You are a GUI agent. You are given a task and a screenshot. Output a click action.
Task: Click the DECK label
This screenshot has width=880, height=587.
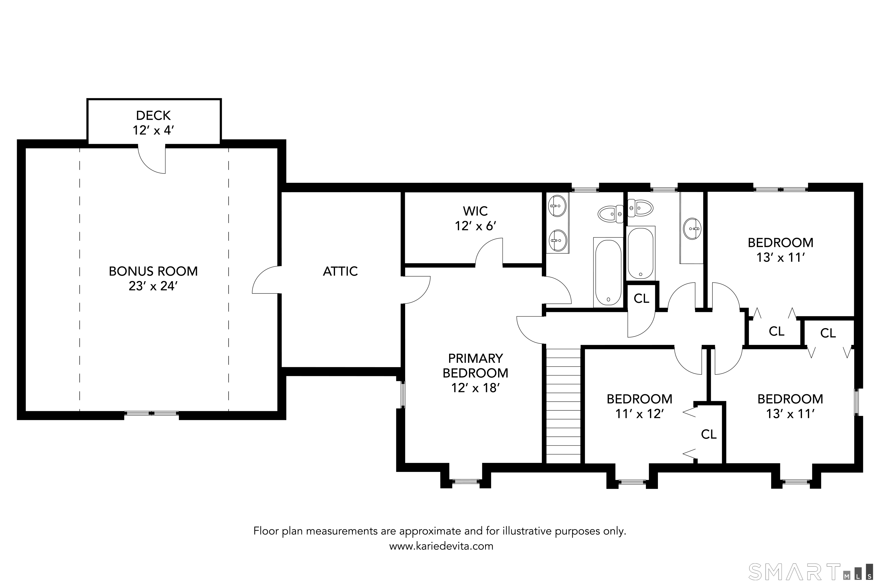click(153, 115)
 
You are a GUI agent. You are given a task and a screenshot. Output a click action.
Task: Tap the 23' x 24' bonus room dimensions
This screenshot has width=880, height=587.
click(153, 286)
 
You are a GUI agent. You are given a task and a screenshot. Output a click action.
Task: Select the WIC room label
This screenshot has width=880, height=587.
click(475, 211)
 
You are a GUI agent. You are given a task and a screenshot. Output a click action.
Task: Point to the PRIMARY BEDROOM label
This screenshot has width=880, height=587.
click(475, 366)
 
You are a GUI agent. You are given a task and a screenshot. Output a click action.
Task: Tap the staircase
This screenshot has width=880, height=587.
click(563, 406)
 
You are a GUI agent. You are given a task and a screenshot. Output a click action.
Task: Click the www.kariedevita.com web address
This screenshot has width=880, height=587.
click(441, 546)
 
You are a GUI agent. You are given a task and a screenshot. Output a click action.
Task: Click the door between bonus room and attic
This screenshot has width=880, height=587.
click(266, 280)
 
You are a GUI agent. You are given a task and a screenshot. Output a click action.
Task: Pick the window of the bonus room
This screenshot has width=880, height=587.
click(152, 413)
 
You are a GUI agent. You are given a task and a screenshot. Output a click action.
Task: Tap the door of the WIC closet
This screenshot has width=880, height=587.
click(489, 252)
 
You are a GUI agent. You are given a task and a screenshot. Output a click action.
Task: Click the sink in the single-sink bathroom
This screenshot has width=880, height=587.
click(692, 229)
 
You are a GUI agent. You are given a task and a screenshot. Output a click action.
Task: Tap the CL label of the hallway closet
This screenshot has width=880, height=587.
click(641, 298)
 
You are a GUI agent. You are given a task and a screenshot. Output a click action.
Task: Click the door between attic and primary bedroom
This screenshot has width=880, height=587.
click(416, 289)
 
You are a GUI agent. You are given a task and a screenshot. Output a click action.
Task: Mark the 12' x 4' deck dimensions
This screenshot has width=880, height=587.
click(153, 130)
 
